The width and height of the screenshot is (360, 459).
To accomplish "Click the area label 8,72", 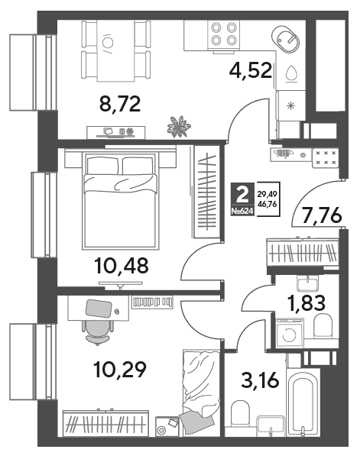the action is click(120, 104).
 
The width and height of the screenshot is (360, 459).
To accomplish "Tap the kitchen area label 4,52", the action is click(251, 70).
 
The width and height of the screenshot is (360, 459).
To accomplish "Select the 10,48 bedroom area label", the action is click(122, 266).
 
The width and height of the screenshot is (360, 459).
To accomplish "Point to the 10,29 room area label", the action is click(120, 370).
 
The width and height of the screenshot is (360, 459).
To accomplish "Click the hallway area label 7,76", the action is click(321, 215).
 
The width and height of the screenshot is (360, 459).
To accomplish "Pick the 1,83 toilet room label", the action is click(306, 303).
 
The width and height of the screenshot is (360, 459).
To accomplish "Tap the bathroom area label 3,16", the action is click(259, 380).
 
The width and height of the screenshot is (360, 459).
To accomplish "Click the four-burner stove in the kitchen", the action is click(224, 34).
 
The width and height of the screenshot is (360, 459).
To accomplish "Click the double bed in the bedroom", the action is click(121, 201).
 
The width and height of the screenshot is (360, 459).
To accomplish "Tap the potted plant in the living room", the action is click(178, 127).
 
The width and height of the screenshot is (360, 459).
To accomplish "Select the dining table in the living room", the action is click(116, 50).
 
